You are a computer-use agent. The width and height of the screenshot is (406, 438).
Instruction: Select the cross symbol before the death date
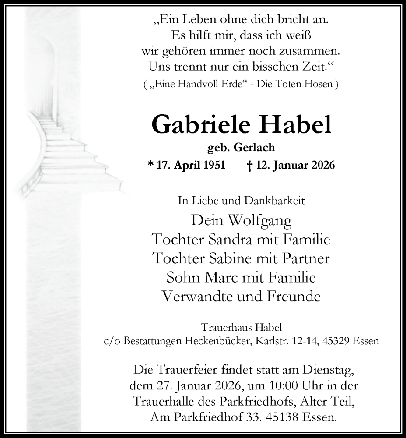coord(249,166)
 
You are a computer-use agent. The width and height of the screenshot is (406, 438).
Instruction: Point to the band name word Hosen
coord(321,85)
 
